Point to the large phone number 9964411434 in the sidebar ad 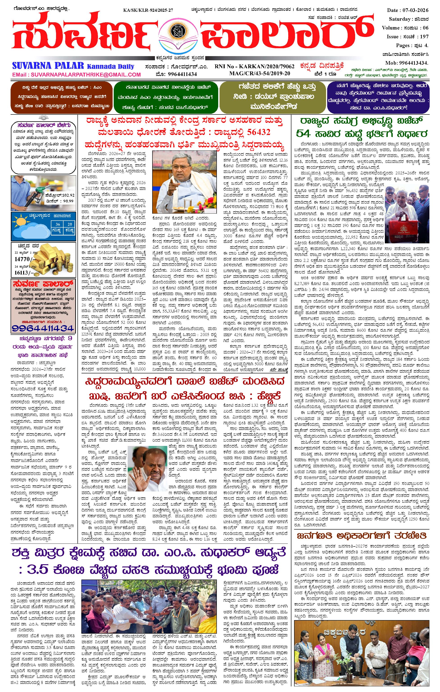(43, 328)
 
